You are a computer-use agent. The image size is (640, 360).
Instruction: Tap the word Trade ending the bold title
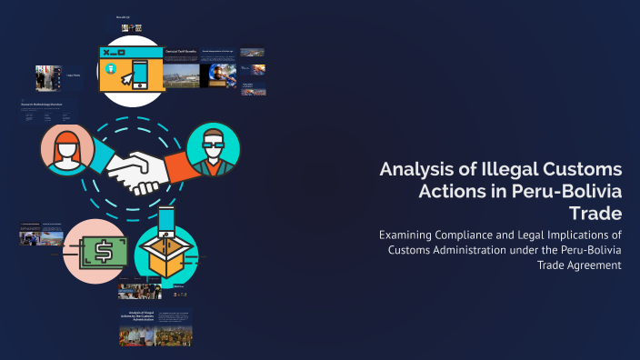coord(594,214)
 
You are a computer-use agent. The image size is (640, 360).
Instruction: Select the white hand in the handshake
coord(135,171)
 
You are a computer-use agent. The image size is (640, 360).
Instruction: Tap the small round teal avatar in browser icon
coord(112,68)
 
